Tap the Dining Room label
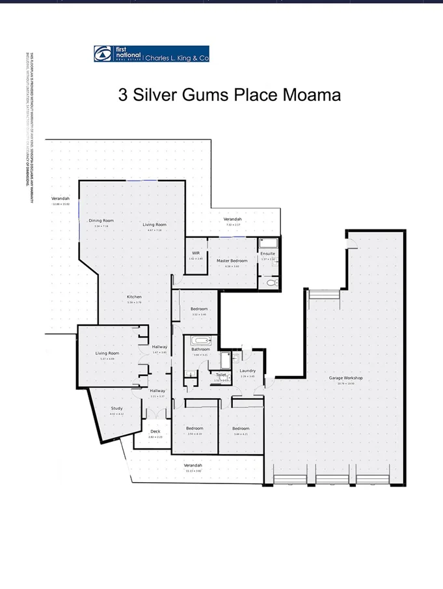pos(101,221)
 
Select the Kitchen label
pos(135,297)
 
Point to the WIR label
pos(196,253)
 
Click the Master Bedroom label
pos(232,261)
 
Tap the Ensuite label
pos(267,253)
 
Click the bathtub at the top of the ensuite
pos(268,243)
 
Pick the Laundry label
pos(247,371)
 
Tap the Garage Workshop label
pos(345,379)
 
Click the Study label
pos(116,409)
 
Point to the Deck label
pos(155,431)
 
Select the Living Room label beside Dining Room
pos(155,225)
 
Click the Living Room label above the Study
pos(107,353)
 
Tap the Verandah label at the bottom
pos(193,465)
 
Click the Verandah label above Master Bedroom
pos(233,220)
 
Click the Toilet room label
pos(221,375)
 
